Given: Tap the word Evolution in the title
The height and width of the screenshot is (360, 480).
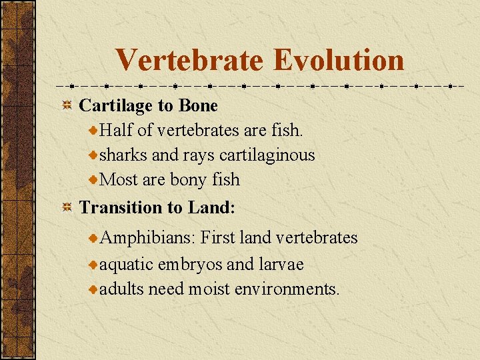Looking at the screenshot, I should pos(339,59).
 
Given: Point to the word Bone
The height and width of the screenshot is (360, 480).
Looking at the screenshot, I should pos(198,106).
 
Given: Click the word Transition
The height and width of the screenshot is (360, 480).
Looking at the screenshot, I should pos(115,208).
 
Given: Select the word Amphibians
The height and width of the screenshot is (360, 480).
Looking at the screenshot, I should pos(147,238).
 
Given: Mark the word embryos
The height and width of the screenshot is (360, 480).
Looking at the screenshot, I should pos(190,265).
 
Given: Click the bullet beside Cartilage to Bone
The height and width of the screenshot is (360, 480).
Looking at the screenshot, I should pos(67,106).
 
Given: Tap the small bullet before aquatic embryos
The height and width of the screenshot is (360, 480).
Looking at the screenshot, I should pos(93,265).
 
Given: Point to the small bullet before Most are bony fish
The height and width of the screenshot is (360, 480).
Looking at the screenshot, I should pos(93,180).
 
